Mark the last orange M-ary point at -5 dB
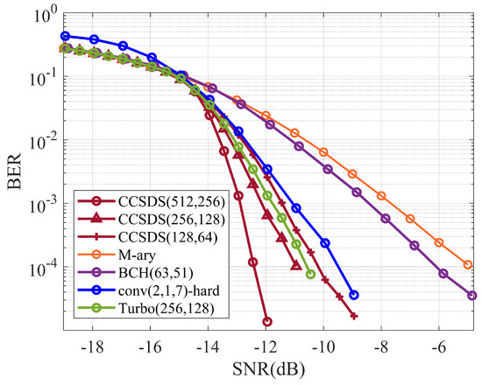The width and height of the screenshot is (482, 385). (x=468, y=263)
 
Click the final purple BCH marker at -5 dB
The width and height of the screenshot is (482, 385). (x=472, y=296)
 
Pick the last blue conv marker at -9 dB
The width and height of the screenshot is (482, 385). (x=353, y=295)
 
